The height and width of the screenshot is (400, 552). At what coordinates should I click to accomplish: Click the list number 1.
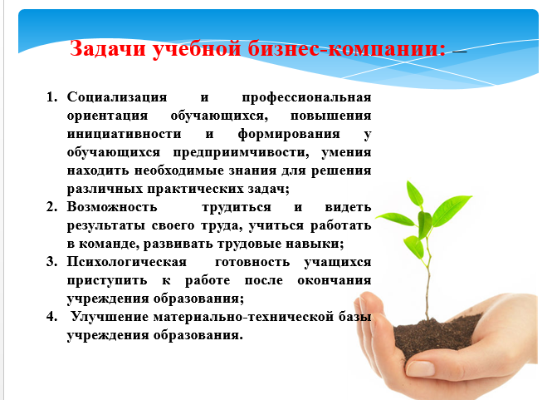pos(51,97)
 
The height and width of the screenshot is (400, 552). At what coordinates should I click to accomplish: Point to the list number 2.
pos(51,207)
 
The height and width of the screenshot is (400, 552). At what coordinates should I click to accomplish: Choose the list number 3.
pos(51,262)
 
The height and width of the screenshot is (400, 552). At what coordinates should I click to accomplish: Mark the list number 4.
pos(51,316)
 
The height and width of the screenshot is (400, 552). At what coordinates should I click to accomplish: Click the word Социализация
pos(117,97)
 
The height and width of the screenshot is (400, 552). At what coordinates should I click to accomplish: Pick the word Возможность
pos(112,207)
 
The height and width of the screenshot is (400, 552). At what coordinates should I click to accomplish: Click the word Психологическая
pos(127,262)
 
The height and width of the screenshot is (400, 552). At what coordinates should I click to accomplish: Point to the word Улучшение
pos(109,317)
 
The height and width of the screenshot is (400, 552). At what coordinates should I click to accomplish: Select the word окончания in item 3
pos(335,281)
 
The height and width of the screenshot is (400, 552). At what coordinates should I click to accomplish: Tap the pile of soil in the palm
pos(437,336)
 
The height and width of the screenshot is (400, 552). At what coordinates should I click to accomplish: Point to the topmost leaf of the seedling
pos(414,193)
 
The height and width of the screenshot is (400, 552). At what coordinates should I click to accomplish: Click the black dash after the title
pos(460,52)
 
